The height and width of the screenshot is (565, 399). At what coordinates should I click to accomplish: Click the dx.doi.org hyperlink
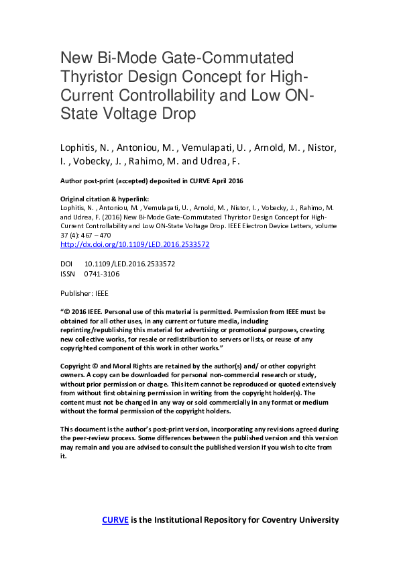pyautogui.click(x=135, y=244)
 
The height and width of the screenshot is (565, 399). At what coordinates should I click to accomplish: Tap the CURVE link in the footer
pyautogui.click(x=115, y=520)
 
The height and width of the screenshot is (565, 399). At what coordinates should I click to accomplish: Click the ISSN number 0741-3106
pyautogui.click(x=102, y=274)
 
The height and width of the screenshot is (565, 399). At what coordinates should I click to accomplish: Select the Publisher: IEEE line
pyautogui.click(x=84, y=293)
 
